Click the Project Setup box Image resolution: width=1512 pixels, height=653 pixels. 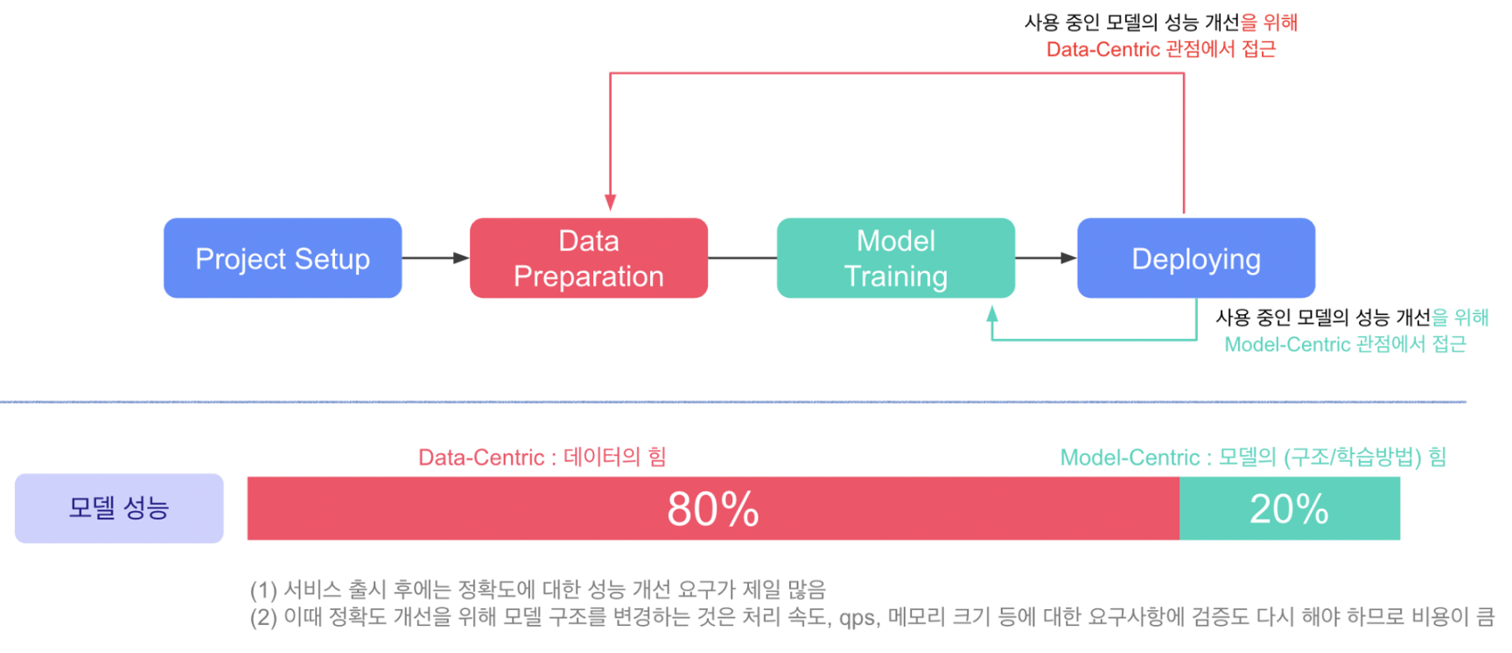[283, 258]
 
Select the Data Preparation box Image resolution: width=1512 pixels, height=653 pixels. [589, 258]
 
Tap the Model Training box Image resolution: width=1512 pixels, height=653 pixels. [896, 258]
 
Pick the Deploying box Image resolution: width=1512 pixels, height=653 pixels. [1196, 258]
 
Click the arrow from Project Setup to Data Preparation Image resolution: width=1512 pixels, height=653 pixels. [436, 258]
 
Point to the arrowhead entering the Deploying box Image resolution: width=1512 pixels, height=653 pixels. [1068, 258]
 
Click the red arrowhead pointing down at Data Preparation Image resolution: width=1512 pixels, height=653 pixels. [610, 202]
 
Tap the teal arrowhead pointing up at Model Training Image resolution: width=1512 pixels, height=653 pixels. [992, 313]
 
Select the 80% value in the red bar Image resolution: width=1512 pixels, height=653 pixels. [713, 509]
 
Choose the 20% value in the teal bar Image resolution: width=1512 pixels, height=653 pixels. [1289, 509]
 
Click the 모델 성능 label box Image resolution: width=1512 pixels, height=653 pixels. [119, 509]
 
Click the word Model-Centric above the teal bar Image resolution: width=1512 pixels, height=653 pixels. [1130, 457]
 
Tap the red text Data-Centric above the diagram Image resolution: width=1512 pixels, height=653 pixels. [1102, 49]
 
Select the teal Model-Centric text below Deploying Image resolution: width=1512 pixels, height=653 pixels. [1287, 344]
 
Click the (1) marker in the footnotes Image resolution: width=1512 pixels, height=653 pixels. [263, 590]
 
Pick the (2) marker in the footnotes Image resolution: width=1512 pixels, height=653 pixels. [263, 617]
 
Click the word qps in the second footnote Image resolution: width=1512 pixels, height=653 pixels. [857, 618]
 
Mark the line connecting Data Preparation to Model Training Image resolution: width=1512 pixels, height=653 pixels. [742, 258]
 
